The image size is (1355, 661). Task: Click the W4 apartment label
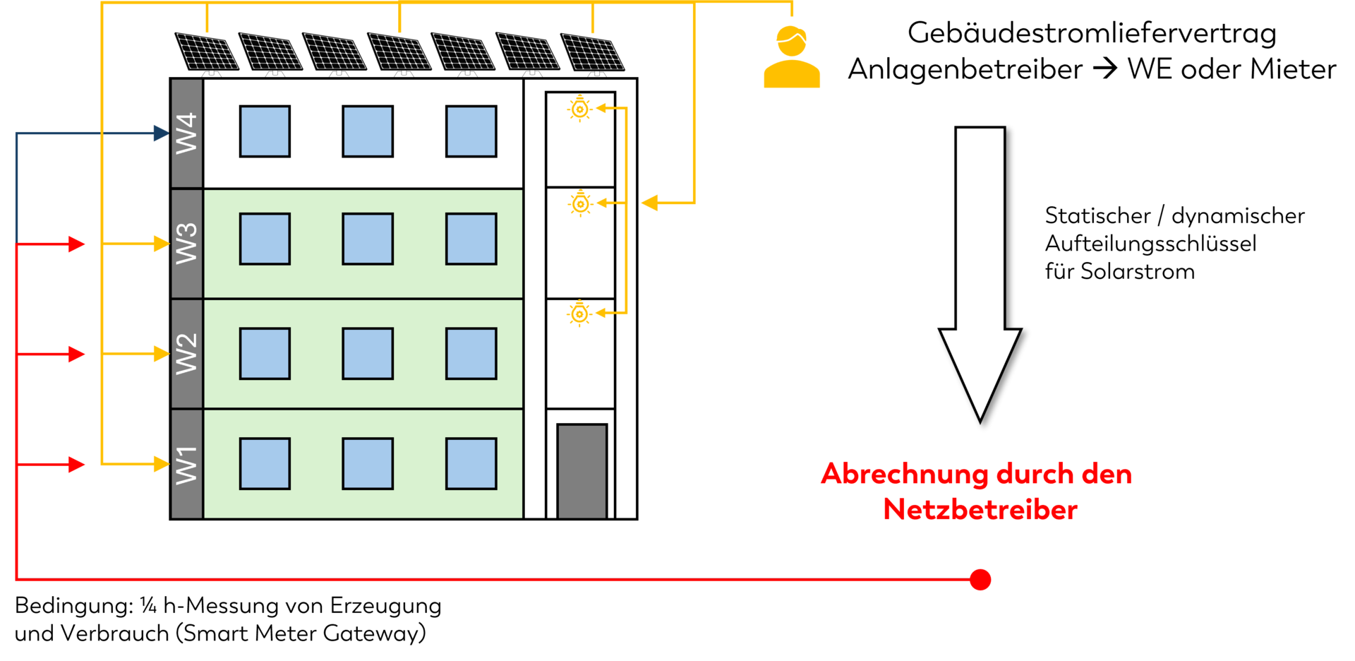tap(186, 133)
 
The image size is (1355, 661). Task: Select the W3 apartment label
tap(186, 243)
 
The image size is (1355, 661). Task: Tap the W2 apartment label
tap(186, 353)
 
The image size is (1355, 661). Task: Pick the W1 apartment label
tap(186, 464)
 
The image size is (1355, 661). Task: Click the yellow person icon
tap(792, 58)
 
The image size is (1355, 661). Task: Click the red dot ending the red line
tap(980, 579)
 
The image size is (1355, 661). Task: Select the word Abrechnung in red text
tap(904, 474)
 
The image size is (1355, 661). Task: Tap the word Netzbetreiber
tap(980, 510)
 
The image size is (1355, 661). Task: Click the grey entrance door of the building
tap(582, 471)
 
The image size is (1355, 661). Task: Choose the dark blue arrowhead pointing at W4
tap(162, 133)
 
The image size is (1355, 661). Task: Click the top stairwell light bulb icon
tap(580, 109)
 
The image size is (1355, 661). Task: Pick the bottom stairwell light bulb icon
tap(580, 314)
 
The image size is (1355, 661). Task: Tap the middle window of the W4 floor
tap(368, 131)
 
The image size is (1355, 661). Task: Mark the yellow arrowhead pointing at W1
tap(162, 464)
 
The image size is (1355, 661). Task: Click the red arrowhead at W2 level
tap(76, 353)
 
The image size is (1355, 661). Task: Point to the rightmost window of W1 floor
tap(471, 464)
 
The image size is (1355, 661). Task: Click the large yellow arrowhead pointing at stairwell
tap(649, 203)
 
